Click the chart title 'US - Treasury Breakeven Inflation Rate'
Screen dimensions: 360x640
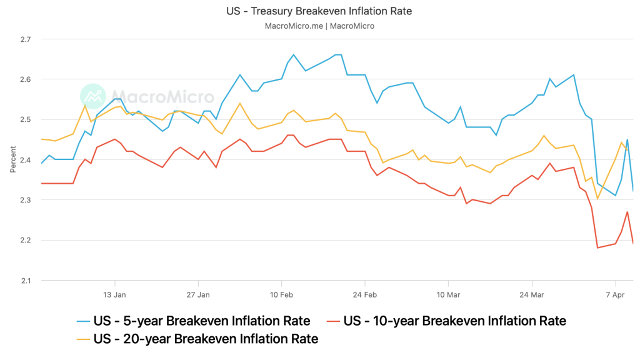(x=319, y=11)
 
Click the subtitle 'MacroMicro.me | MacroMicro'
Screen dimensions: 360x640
(x=319, y=26)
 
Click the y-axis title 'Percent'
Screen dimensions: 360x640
(x=13, y=160)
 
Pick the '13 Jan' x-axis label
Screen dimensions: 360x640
(x=114, y=294)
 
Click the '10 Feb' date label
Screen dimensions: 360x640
(x=282, y=294)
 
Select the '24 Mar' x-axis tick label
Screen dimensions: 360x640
(x=532, y=294)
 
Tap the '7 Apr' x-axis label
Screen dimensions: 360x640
(x=616, y=294)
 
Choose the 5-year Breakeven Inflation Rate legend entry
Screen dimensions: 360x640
(x=201, y=321)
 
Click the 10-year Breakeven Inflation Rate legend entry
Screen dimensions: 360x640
(x=454, y=321)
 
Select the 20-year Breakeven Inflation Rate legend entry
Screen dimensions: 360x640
(x=206, y=339)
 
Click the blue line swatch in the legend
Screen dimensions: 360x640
(x=83, y=321)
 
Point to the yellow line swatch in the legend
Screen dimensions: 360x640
(x=83, y=339)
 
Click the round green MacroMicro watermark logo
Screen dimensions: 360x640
(x=93, y=96)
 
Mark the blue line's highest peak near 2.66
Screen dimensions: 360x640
(x=293, y=54)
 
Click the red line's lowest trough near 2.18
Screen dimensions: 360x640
(x=597, y=248)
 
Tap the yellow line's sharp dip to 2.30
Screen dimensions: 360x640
(x=597, y=199)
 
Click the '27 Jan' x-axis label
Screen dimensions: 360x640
(x=197, y=294)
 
